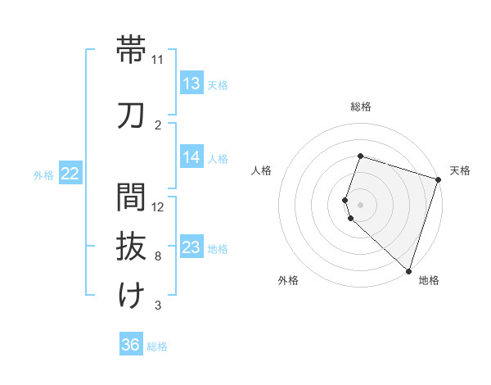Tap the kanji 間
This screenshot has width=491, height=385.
tap(132, 197)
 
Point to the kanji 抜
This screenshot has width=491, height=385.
tap(132, 247)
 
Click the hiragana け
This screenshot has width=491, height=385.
tap(132, 296)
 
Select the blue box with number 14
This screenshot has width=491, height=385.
tap(191, 158)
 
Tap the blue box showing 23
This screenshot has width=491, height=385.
tap(191, 248)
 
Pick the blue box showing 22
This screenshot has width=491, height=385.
tap(70, 174)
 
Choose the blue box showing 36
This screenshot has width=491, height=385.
tap(131, 346)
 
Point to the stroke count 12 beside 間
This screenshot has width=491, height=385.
tap(159, 206)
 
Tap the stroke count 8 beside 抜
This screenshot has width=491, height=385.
tap(157, 256)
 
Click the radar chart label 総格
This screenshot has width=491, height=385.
tap(360, 106)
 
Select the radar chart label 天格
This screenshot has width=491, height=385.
tap(460, 170)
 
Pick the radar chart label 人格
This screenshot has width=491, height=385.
tap(261, 170)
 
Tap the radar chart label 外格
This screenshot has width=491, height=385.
tap(288, 280)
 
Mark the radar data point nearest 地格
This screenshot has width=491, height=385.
tap(408, 270)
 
